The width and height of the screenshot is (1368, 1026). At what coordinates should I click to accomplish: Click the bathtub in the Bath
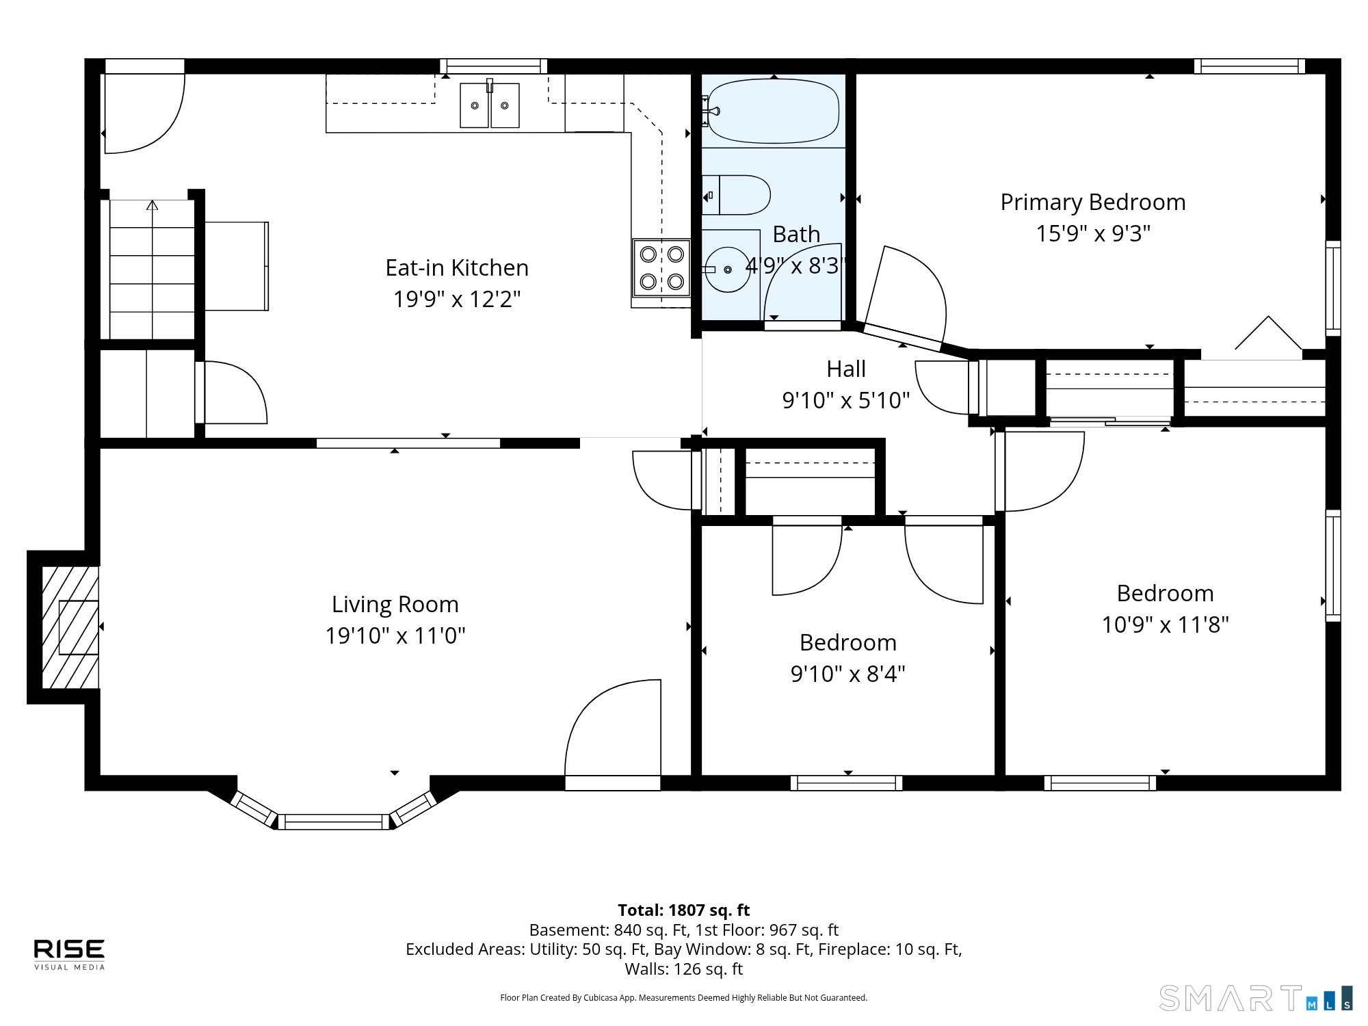pos(773,111)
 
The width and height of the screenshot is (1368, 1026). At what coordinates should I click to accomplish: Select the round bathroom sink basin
pos(728,269)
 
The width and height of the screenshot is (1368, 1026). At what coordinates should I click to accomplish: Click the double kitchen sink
pos(490,105)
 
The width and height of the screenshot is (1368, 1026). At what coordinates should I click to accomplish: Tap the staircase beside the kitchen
pos(152,269)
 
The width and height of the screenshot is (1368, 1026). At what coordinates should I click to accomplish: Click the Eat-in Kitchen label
pos(457,267)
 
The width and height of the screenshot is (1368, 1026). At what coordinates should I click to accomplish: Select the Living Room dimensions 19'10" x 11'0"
pos(395,635)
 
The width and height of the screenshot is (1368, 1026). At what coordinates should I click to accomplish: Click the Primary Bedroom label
pos(1093,202)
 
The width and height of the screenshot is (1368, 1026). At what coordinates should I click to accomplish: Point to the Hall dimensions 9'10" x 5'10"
pos(846,400)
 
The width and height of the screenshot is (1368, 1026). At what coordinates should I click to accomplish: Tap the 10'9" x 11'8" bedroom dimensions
pos(1166,624)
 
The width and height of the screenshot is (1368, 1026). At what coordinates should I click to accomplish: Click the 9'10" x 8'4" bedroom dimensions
pos(848,674)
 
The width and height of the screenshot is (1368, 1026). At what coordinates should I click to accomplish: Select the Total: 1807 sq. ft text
pos(684,910)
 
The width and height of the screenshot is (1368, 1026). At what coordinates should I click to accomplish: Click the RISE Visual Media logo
pos(70,954)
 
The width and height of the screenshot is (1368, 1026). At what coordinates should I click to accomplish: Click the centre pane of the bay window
pos(334,821)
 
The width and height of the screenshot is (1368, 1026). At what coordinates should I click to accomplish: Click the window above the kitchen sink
pos(493,66)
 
